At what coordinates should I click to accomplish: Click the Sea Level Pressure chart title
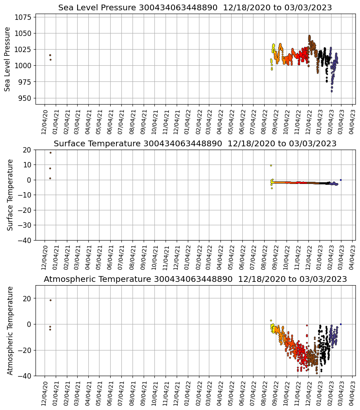(195, 8)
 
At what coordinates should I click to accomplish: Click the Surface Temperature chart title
(195, 144)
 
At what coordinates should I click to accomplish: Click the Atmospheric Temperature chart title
(195, 279)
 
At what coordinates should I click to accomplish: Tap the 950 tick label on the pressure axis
(26, 98)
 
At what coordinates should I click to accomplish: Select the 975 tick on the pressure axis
(26, 82)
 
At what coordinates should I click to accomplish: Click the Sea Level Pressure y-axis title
(8, 59)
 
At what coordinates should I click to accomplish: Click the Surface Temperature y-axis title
(10, 195)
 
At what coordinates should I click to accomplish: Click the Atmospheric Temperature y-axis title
(10, 330)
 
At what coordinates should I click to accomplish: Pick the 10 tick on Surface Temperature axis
(28, 165)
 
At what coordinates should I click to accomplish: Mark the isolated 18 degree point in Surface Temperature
(50, 153)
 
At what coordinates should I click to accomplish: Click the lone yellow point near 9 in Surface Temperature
(271, 165)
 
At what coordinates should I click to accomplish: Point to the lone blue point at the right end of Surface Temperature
(341, 180)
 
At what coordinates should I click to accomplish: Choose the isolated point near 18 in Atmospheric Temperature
(50, 300)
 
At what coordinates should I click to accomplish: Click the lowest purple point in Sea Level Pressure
(332, 91)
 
